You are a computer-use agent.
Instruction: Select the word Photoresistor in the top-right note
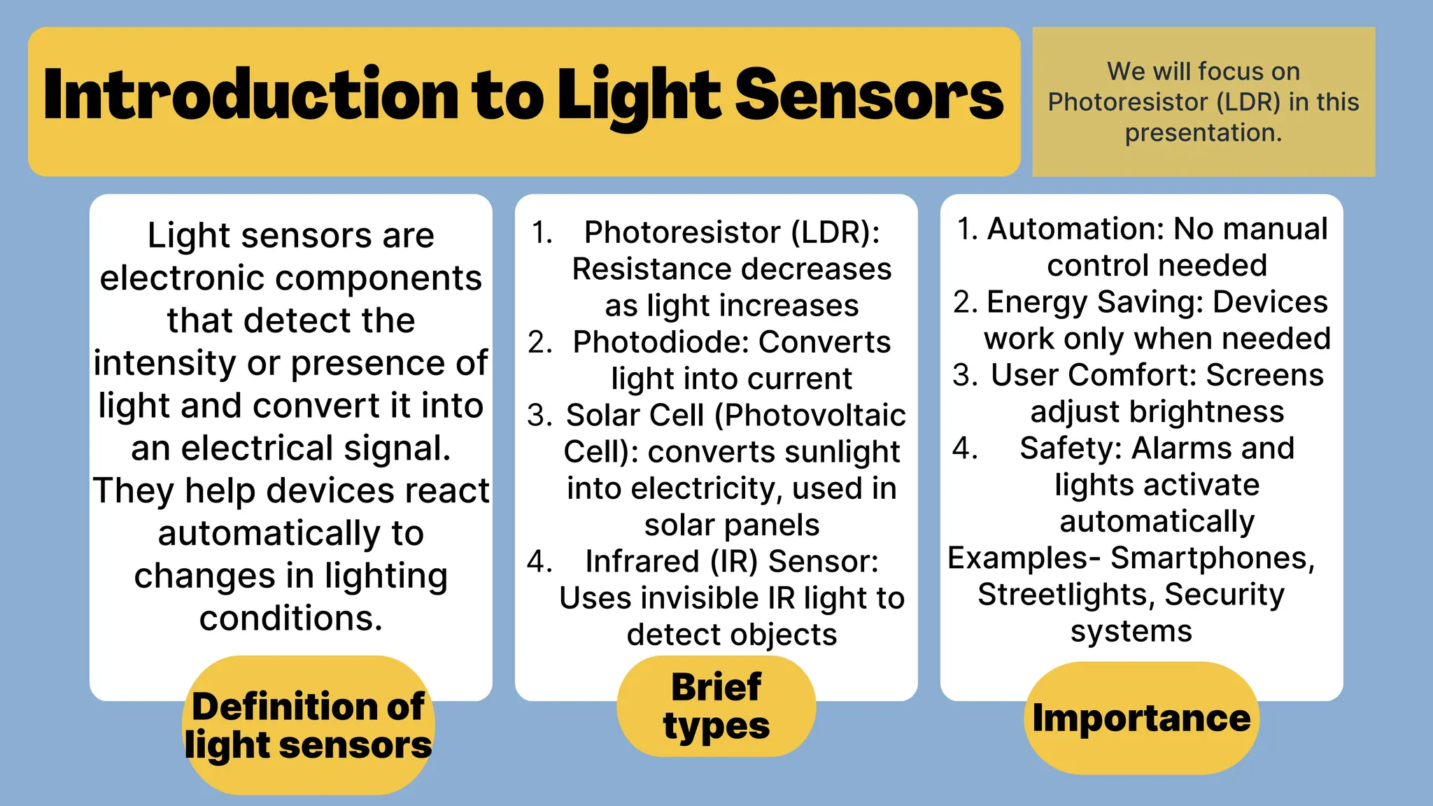pos(1127,102)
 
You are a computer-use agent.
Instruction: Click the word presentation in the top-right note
pos(1203,133)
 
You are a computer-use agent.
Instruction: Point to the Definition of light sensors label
pos(308,725)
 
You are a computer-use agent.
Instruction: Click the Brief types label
pos(716,706)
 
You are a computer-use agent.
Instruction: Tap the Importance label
pos(1141,718)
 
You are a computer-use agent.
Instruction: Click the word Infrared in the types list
pos(642,561)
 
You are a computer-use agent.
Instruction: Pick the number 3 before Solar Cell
pos(539,416)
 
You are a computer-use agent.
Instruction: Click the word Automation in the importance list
pos(1075,229)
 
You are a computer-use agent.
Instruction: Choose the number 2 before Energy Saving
pos(965,302)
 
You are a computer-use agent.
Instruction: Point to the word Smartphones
pos(1212,558)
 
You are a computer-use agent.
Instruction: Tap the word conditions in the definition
pos(290,618)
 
